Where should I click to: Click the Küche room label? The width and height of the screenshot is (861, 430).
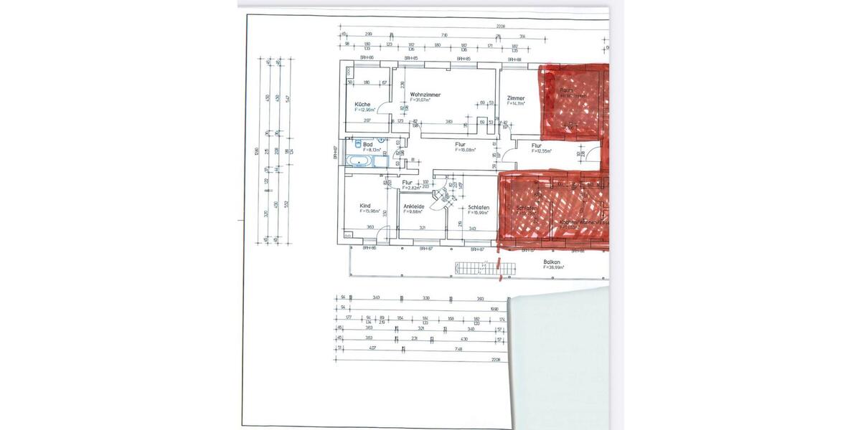click(362, 104)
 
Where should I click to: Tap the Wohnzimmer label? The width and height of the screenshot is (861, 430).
click(425, 95)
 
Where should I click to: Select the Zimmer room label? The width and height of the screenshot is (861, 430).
click(515, 97)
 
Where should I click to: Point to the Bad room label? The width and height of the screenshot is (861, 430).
click(368, 144)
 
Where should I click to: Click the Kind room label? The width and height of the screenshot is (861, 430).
click(365, 206)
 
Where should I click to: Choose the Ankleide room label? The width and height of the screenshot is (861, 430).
click(414, 206)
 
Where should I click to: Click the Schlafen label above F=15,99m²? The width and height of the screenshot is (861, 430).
click(479, 207)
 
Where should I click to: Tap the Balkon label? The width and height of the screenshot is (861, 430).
click(552, 262)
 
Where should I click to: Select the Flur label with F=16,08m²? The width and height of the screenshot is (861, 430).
click(460, 145)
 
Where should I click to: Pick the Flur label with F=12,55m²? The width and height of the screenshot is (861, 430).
click(537, 145)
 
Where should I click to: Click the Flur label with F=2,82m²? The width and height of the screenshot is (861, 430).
click(407, 182)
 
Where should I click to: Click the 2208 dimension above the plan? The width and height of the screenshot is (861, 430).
click(500, 27)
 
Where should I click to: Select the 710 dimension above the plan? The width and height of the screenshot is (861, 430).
click(444, 34)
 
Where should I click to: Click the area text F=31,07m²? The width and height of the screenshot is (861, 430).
click(420, 100)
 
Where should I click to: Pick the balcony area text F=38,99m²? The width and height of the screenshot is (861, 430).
click(553, 267)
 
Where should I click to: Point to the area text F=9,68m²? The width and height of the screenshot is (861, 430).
click(413, 212)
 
